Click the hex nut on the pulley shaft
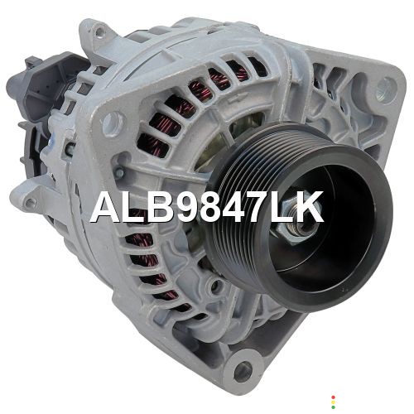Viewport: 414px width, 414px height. click(296, 226)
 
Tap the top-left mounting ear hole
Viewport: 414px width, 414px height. click(99, 33)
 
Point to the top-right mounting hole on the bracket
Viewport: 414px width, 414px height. click(387, 86)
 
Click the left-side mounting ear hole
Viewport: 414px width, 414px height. click(30, 204)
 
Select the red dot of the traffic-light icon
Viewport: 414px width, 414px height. click(334, 397)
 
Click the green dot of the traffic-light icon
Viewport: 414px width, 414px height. click(334, 407)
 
